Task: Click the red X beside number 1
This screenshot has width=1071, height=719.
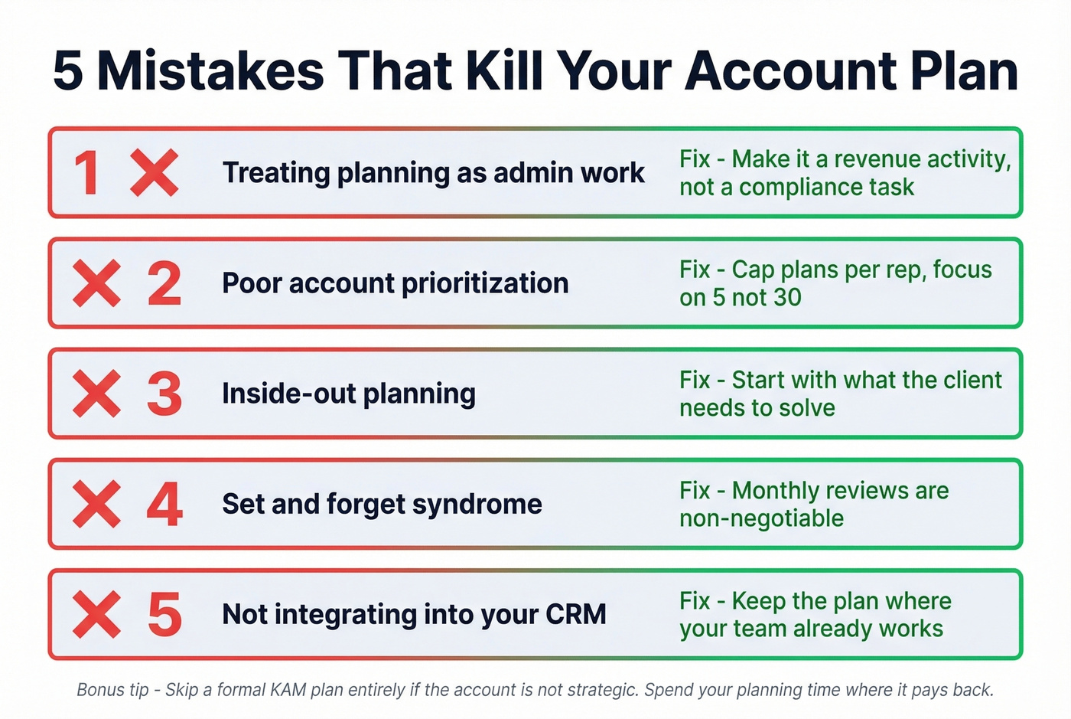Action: tap(154, 173)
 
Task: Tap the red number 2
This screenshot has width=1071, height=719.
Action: tap(164, 283)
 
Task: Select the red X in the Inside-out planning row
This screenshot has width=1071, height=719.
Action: tap(96, 394)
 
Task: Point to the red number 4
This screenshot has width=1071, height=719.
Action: tap(164, 505)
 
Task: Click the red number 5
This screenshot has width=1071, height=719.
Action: tap(164, 615)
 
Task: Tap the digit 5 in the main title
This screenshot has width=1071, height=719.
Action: tap(68, 71)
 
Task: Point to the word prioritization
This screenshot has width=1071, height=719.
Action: tap(485, 283)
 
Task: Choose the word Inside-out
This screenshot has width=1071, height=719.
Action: tap(288, 394)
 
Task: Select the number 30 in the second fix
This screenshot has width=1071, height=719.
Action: tap(786, 297)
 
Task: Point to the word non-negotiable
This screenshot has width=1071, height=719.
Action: tap(761, 518)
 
